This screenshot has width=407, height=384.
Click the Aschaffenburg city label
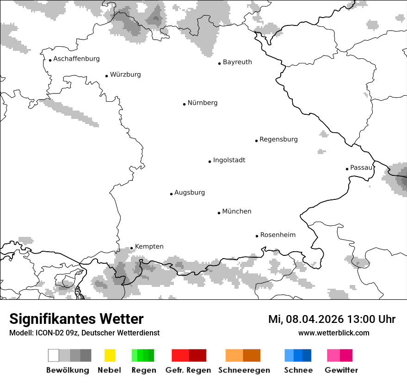coord(76,59)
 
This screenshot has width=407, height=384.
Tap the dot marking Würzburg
coord(107,75)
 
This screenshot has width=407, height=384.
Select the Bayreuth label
coord(237,62)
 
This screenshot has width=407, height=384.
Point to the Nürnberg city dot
coord(184,104)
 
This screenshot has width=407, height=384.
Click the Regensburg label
coord(278,139)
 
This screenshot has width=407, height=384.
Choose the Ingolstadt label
coord(229,160)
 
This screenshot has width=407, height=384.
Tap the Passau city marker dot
coord(347,169)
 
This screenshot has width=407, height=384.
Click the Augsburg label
coord(189,192)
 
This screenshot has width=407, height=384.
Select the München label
coord(236,211)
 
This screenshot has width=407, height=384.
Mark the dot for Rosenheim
coord(257,236)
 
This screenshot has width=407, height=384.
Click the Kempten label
coord(149,247)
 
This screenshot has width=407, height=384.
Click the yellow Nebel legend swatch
coord(110,355)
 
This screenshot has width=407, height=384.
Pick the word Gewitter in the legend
coord(341,370)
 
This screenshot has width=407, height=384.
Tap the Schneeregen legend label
coord(244,370)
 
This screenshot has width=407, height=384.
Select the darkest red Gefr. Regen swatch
coord(197,355)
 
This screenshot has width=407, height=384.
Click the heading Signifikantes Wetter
coord(76,319)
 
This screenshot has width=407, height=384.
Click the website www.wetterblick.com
coord(333,333)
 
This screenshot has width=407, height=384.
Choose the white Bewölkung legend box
coord(54,355)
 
